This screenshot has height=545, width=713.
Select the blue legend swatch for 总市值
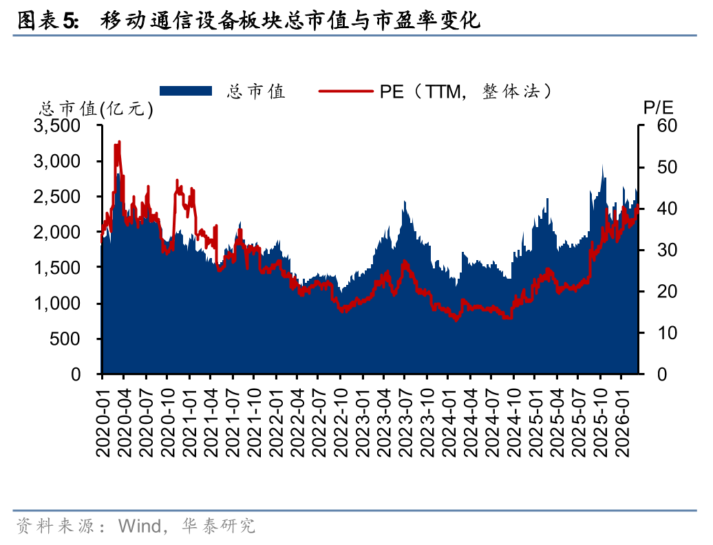pyautogui.click(x=185, y=91)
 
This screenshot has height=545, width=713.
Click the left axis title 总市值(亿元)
pyautogui.click(x=96, y=109)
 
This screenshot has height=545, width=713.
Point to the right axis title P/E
pyautogui.click(x=658, y=107)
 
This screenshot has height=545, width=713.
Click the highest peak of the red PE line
pyautogui.click(x=119, y=142)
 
